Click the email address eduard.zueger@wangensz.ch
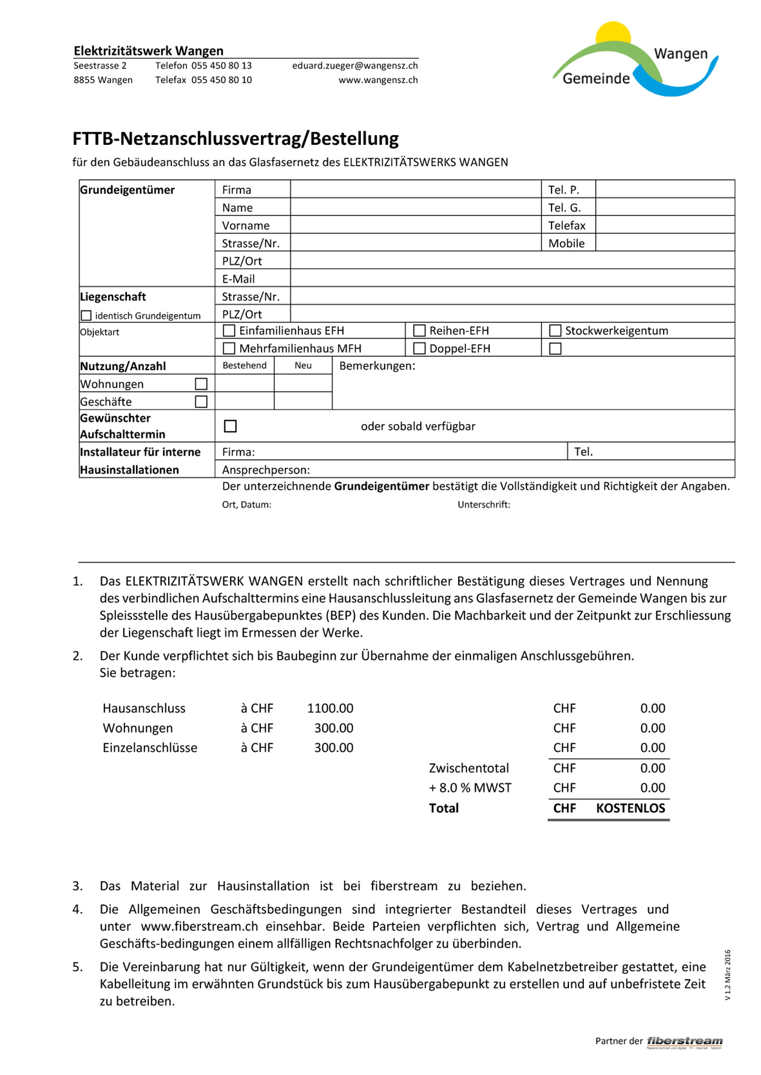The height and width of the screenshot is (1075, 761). point(355,66)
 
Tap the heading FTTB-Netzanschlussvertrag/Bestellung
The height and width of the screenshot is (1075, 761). point(236,139)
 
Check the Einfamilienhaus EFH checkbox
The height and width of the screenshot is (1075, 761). point(229,330)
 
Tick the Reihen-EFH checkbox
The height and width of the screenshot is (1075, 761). point(420,330)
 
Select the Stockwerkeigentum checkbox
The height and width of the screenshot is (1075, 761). point(555,330)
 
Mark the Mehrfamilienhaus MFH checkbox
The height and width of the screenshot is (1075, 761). point(229,348)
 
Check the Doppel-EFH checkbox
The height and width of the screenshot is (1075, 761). point(420,348)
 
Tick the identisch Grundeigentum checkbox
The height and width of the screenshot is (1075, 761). point(86,316)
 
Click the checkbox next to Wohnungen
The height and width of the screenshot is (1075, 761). point(201,384)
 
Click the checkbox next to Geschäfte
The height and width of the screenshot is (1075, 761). point(201,402)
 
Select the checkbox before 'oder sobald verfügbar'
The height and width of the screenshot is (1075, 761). point(230,426)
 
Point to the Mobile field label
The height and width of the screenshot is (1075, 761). point(566,243)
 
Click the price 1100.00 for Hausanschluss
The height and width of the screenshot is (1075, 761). point(330,708)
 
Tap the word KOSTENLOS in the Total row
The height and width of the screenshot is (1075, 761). point(630,808)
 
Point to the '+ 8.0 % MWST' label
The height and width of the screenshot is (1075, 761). point(470,788)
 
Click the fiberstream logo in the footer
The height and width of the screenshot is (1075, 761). point(685,1042)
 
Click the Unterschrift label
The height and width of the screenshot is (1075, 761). point(484,505)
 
